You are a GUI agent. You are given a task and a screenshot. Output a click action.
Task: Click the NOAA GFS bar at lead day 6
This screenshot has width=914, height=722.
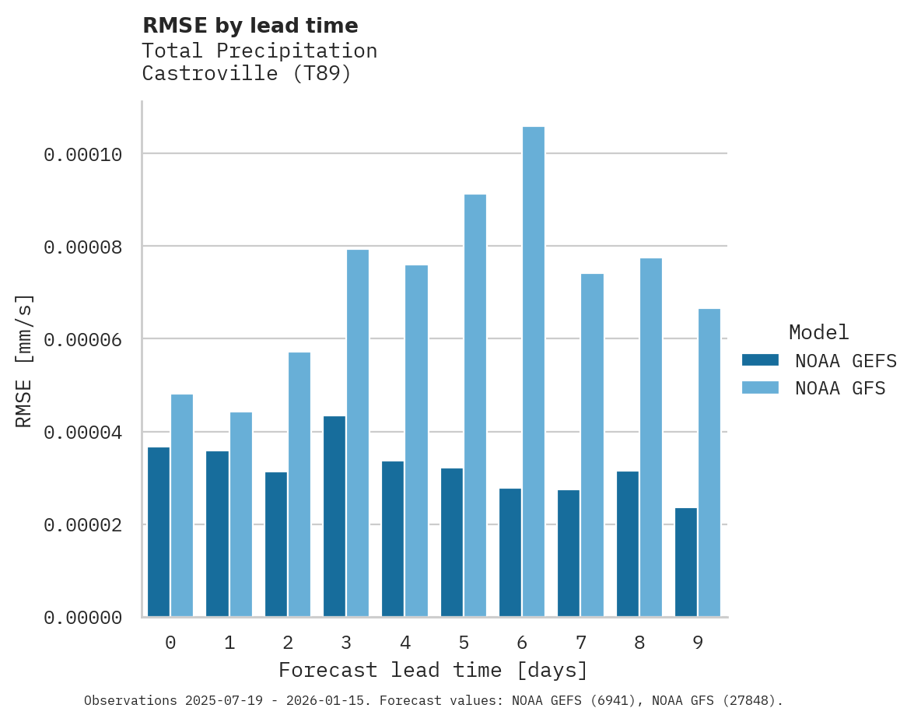(x=534, y=372)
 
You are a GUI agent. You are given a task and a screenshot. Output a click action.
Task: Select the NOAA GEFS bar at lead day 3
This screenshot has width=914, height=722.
(x=334, y=517)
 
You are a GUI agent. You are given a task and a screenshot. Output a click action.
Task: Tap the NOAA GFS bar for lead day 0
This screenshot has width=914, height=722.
(x=182, y=506)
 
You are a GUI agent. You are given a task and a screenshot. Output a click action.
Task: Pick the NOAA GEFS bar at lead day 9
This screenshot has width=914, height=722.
(x=686, y=563)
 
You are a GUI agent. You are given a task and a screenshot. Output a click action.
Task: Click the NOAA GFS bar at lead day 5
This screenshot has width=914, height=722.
(x=475, y=405)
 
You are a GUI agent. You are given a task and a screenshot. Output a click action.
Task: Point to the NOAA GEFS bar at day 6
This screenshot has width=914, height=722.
(x=510, y=552)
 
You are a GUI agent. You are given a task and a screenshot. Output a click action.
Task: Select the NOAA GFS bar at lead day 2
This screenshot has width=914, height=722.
(x=299, y=485)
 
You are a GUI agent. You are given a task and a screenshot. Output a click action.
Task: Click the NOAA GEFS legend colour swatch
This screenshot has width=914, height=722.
(x=760, y=360)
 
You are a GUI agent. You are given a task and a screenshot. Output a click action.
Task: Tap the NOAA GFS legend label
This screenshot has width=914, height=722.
(x=840, y=388)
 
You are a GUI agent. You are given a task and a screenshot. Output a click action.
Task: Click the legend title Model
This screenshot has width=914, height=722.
(x=818, y=332)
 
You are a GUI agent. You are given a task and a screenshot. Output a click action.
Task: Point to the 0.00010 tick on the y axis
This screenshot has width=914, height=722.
(x=83, y=155)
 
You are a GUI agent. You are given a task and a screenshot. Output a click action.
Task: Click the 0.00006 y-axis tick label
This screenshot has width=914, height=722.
(x=83, y=339)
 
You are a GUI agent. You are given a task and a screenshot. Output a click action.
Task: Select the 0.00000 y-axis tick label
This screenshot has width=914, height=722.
(x=83, y=618)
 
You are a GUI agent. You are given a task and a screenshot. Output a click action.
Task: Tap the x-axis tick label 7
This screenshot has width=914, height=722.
(x=581, y=643)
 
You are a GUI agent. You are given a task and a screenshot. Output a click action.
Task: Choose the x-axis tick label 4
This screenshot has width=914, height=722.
(x=405, y=643)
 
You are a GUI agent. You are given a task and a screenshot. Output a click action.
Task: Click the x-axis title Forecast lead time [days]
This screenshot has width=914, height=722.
(x=433, y=670)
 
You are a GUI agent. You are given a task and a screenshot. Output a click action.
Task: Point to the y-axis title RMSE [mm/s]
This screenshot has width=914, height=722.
(x=24, y=361)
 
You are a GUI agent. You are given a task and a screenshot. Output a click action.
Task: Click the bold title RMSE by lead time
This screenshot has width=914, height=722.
(x=250, y=26)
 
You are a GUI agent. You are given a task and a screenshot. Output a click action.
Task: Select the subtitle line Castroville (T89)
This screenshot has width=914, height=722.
(x=247, y=74)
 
